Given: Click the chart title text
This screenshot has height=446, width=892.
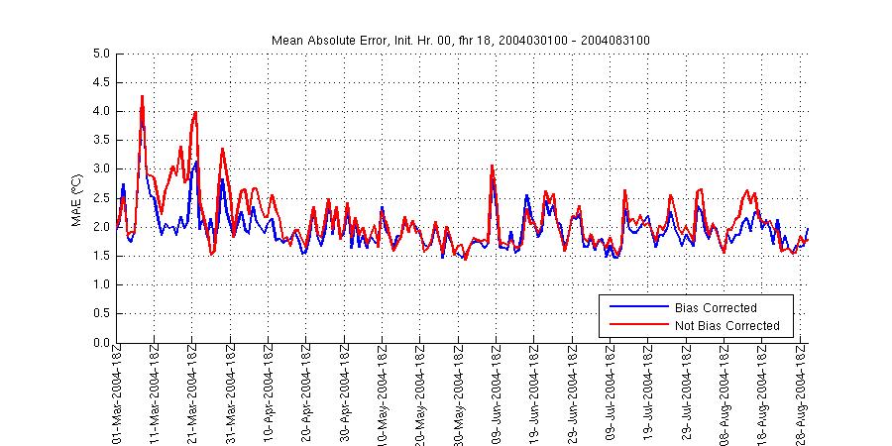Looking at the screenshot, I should coord(460,40).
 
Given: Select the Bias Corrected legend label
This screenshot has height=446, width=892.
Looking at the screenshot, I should coord(715,307).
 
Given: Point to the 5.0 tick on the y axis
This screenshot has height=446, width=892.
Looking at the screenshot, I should coord(100,54).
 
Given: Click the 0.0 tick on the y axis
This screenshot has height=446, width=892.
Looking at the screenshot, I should coord(100,343).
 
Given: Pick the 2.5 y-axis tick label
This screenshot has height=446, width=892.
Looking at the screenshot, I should coord(100,198).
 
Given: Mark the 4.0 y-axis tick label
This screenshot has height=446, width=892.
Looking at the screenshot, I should coord(100,111).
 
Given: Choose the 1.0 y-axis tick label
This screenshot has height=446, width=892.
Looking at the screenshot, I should coord(100,285).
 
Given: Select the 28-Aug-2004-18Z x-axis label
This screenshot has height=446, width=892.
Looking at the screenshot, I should coord(801,393).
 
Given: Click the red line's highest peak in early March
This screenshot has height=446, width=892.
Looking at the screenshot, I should coord(143,96).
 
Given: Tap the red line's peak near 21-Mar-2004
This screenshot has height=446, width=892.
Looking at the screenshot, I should coord(196,112).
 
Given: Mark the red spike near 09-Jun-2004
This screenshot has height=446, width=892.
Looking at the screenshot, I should coord(493,166).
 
